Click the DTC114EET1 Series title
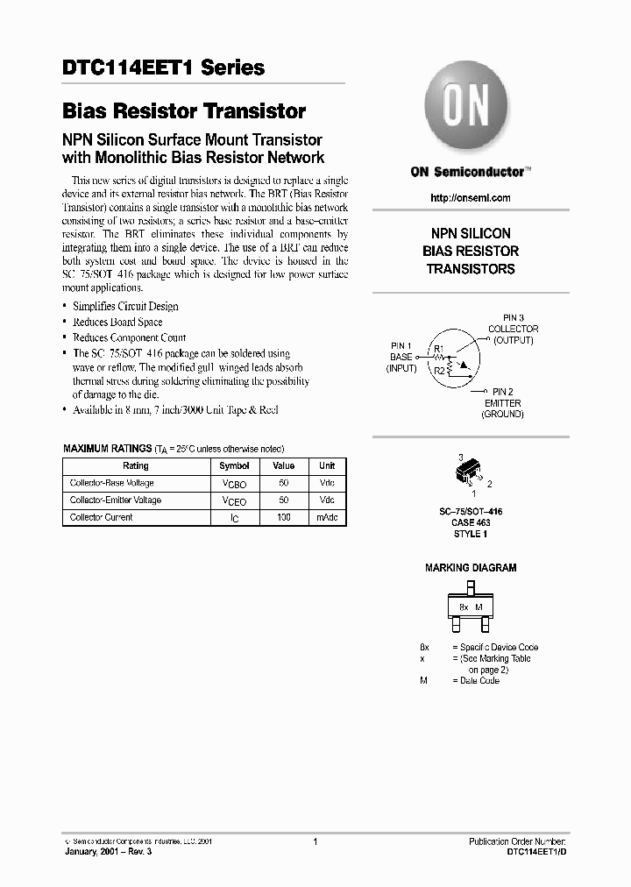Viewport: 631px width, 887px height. [164, 67]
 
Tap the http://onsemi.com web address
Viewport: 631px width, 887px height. [471, 198]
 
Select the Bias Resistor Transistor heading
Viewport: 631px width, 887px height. [184, 111]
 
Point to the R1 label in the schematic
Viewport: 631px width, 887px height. [439, 349]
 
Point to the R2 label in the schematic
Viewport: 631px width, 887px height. [439, 371]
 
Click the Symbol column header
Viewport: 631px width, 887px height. [234, 466]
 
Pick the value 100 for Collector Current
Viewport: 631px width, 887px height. [283, 517]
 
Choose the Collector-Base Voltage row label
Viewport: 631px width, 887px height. [112, 483]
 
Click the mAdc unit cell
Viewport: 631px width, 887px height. [327, 517]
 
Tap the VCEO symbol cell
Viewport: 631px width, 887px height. [234, 500]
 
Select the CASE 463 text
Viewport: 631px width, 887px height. [470, 522]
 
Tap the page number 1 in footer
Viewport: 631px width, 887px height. [314, 841]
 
